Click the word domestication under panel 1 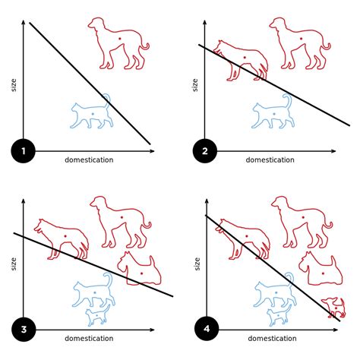point(90,159)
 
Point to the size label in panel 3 point(14,262)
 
